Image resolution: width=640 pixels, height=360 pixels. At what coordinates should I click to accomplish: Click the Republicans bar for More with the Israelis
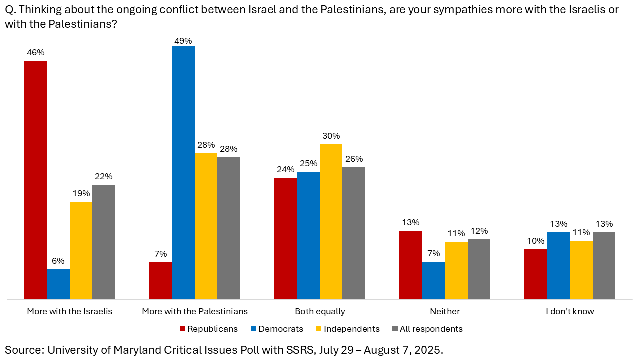tap(35, 180)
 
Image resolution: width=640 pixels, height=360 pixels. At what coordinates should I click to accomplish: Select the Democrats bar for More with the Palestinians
tap(183, 172)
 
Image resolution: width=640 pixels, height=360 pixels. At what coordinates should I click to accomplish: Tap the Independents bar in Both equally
tap(331, 221)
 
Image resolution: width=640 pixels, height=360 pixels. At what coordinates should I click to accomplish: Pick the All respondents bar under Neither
tap(479, 269)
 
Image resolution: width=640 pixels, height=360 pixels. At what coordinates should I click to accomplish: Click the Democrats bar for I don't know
tap(558, 266)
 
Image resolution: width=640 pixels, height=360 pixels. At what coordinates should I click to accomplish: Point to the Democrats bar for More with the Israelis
tap(58, 284)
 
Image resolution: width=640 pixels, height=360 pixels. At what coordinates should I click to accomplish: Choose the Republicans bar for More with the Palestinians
tap(160, 281)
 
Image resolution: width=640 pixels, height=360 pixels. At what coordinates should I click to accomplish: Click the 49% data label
tap(183, 41)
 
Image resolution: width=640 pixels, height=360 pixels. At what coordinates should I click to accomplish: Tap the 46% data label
tap(35, 52)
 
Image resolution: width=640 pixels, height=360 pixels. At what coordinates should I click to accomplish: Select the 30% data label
tap(331, 136)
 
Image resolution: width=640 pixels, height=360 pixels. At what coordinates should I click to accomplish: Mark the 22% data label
tap(104, 177)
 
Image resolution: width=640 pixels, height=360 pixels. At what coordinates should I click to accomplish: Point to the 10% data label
tap(535, 241)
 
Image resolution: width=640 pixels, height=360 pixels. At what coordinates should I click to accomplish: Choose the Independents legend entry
tap(351, 329)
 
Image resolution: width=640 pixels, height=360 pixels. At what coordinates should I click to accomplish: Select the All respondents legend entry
tap(431, 329)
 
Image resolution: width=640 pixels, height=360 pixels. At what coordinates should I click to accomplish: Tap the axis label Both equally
tap(320, 311)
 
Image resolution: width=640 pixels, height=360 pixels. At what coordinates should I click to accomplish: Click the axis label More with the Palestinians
tap(195, 311)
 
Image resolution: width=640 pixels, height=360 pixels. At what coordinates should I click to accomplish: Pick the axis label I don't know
tap(570, 311)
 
